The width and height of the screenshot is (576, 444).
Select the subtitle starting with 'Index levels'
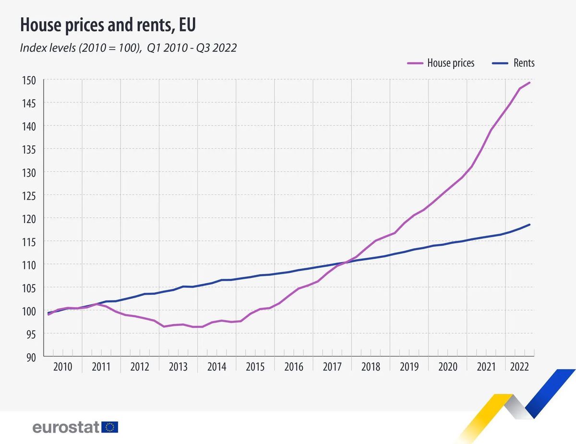[128, 48]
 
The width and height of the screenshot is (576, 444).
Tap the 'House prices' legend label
[451, 63]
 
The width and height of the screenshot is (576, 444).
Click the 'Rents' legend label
[524, 63]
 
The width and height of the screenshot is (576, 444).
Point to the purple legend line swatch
[414, 63]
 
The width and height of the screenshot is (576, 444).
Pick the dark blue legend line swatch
[501, 63]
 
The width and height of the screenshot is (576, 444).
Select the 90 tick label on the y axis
[30, 357]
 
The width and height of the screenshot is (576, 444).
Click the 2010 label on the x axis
[63, 367]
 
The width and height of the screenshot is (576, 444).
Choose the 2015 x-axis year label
[255, 367]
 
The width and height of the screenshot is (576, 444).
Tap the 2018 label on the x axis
[371, 367]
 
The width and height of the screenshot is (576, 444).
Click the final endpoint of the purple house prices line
[529, 83]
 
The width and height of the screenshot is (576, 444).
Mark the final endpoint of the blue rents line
[529, 225]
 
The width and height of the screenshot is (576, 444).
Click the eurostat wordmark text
[66, 427]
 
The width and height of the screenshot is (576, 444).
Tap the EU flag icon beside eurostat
[110, 427]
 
